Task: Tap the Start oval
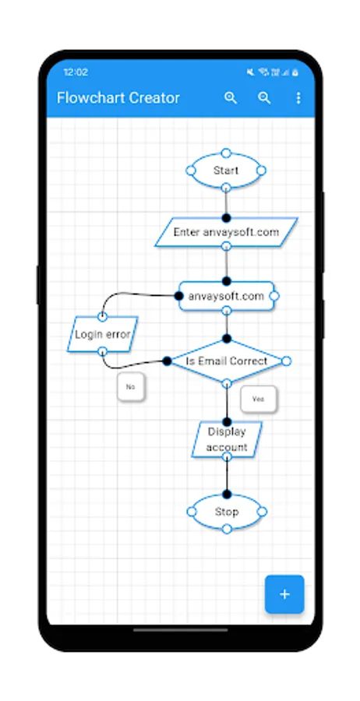pos(226,170)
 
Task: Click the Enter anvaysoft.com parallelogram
pos(226,232)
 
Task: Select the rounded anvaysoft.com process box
pos(226,296)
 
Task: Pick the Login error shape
pos(102,335)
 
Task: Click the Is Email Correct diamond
pos(226,361)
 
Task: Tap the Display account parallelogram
pos(227,439)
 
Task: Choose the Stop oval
pos(226,512)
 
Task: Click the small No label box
pos(131,386)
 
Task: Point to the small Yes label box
pos(259,399)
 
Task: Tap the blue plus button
pos(284,594)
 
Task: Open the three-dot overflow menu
pos(298,98)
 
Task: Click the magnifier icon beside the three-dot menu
pos(265,98)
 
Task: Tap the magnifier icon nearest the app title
pos(231,98)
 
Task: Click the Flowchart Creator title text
pos(118,98)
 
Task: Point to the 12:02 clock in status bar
pos(76,72)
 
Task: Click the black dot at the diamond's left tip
pos(167,361)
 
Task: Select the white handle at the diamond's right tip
pos(286,361)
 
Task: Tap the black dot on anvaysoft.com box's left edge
pos(178,296)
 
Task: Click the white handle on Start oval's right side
pos(262,170)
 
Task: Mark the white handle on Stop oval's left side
pos(191,512)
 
